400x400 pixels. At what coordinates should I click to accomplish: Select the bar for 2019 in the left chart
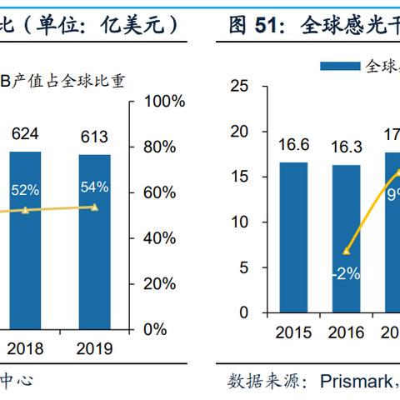pos(94,241)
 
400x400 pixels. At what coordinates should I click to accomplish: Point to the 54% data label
pos(94,187)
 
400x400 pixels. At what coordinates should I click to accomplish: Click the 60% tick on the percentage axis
pos(161,192)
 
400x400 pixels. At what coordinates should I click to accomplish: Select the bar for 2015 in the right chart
pos(293,237)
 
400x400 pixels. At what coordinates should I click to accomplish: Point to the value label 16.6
pos(293,145)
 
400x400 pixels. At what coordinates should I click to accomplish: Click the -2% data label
pos(344,274)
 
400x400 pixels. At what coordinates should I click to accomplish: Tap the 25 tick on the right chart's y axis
pos(239,86)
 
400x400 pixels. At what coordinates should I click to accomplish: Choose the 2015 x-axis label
pos(293,333)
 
